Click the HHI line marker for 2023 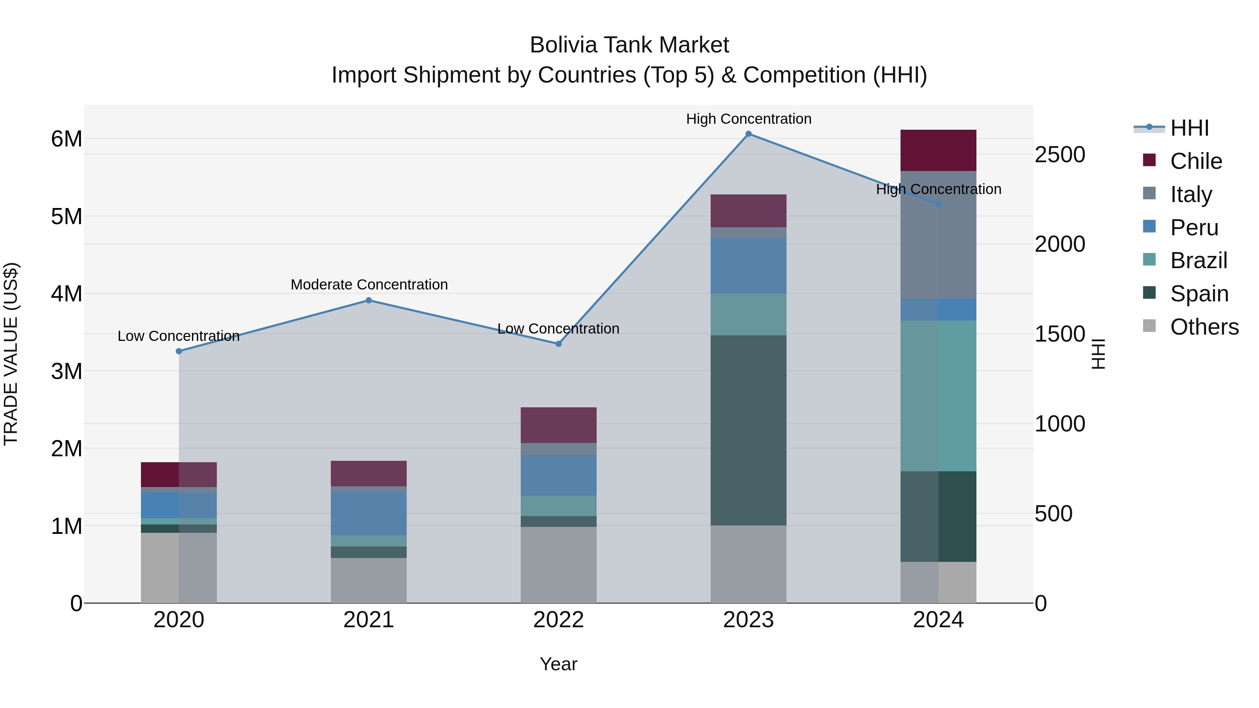tap(748, 134)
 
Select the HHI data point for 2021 tap(369, 300)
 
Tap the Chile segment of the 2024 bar tap(938, 150)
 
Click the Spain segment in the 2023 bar tap(748, 430)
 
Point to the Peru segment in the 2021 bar tap(369, 513)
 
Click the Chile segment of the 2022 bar tap(558, 425)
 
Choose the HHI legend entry tap(1189, 128)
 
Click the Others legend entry tap(1204, 327)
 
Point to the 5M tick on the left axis tap(66, 216)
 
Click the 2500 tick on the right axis tap(1060, 155)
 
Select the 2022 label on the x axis tap(558, 620)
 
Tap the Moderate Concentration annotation tap(369, 284)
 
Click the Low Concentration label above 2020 tap(179, 336)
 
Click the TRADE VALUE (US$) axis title tap(11, 354)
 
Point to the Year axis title tap(558, 664)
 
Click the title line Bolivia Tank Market tap(629, 45)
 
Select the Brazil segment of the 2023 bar tap(748, 314)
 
